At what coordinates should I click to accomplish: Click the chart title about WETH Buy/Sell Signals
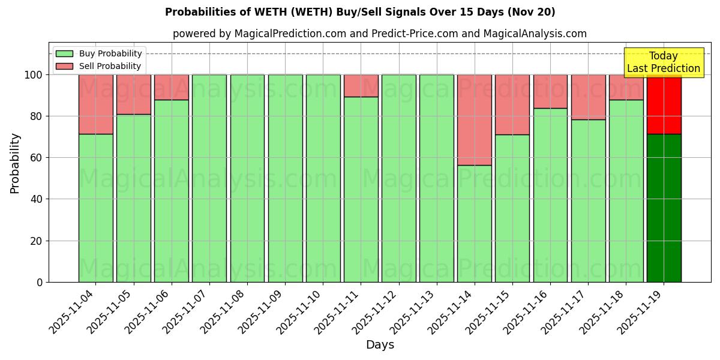[360, 12]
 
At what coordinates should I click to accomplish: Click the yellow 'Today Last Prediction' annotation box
[663, 62]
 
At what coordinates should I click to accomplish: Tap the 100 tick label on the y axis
[34, 75]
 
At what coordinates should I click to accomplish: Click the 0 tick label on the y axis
[40, 282]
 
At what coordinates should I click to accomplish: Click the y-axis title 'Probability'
[15, 163]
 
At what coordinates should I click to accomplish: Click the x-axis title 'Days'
[380, 344]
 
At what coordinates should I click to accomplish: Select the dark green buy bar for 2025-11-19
[664, 208]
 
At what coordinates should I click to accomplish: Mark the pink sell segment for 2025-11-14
[474, 120]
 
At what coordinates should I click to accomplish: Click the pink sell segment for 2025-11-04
[95, 104]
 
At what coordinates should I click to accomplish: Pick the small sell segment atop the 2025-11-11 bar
[361, 86]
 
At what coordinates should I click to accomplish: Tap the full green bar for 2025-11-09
[285, 178]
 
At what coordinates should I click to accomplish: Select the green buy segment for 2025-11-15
[512, 208]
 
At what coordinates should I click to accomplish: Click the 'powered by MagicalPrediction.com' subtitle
[379, 34]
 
